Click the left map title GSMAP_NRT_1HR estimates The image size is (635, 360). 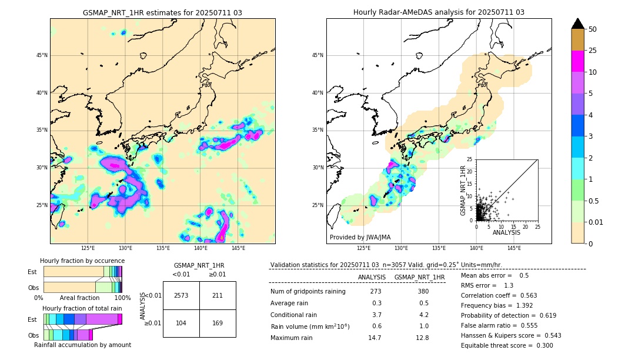[162, 12]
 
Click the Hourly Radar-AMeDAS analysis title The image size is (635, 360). [439, 12]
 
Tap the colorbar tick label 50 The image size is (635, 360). [593, 29]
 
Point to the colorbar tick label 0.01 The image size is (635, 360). [596, 222]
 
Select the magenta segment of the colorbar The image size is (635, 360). [577, 62]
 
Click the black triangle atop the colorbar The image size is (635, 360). [577, 24]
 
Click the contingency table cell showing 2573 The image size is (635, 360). [181, 295]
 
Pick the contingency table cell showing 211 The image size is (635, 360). [218, 295]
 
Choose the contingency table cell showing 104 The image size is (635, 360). [181, 323]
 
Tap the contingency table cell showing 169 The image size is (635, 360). [218, 323]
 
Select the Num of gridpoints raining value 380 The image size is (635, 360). [423, 292]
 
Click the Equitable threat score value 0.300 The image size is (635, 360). [540, 345]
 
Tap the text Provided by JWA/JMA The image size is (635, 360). [360, 238]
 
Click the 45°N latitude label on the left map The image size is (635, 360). [42, 55]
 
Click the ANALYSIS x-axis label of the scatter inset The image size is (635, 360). [506, 232]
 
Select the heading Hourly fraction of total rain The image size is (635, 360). [82, 309]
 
